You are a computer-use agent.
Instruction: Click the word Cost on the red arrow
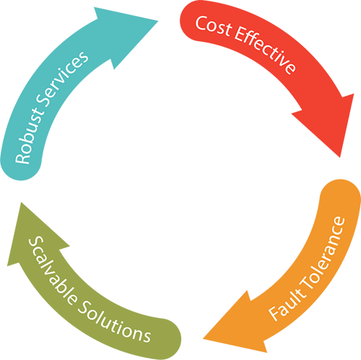213,27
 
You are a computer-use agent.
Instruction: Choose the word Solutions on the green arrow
114,322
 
